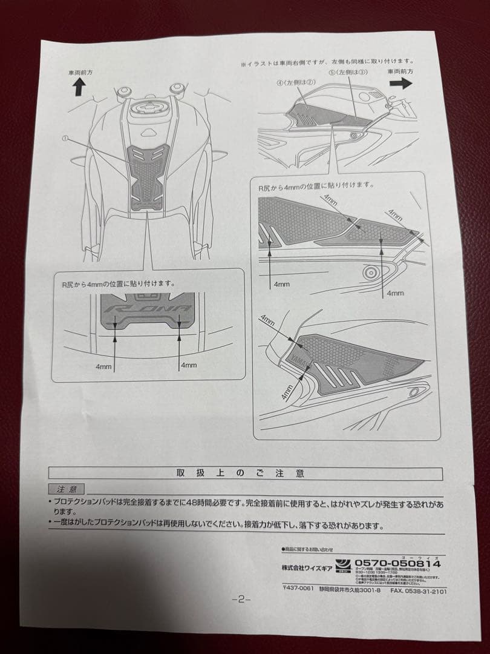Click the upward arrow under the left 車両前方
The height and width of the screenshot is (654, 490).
tap(78, 88)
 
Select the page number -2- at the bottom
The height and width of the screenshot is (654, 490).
tap(240, 599)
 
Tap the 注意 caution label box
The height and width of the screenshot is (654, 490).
tap(67, 489)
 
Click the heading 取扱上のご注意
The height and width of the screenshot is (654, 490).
tap(241, 472)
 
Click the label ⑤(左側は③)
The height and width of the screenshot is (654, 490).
tap(348, 71)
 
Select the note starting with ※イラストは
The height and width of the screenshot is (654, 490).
tap(327, 62)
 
